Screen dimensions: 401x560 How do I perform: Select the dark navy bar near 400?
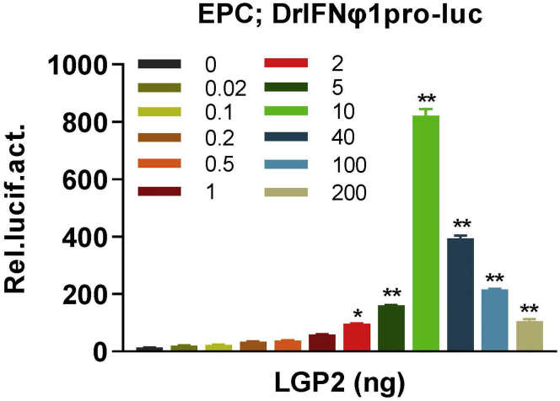point(460,294)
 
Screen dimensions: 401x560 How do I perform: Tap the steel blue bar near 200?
point(494,319)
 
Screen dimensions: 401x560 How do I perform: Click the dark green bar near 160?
point(391,328)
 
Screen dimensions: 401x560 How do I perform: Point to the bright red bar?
point(357,337)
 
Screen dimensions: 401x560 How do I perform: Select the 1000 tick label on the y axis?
point(78,65)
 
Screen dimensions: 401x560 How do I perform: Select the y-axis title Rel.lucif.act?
point(23,207)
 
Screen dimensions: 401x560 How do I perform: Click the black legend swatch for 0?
point(160,63)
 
